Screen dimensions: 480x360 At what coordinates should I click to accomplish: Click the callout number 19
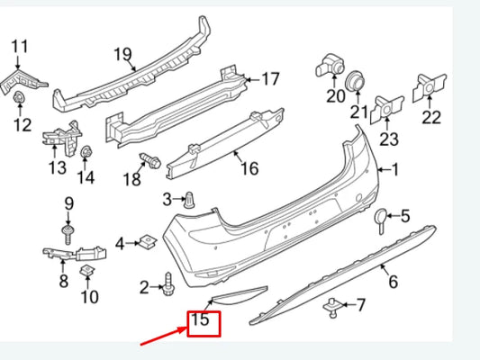[122, 55]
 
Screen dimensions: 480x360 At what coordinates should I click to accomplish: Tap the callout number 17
[271, 79]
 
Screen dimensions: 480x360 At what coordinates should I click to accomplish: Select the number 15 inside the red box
[200, 319]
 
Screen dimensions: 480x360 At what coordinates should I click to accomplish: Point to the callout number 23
[389, 139]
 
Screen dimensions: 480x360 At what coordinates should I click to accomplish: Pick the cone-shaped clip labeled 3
[189, 201]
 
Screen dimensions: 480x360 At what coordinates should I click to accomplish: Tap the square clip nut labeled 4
[149, 241]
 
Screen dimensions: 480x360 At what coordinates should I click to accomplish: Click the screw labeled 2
[168, 284]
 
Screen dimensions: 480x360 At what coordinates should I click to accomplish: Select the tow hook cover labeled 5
[381, 220]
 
